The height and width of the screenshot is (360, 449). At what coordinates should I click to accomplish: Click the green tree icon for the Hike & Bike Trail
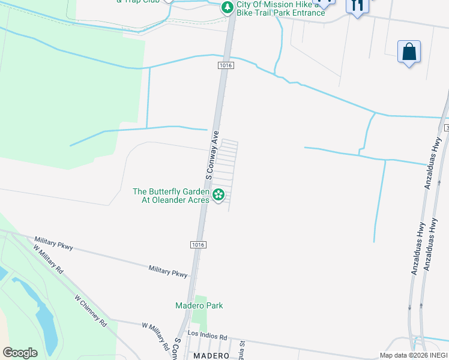pyautogui.click(x=227, y=8)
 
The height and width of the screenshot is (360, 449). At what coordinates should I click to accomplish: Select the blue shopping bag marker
pyautogui.click(x=409, y=52)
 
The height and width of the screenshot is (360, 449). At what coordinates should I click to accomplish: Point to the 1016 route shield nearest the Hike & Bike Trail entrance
pyautogui.click(x=225, y=64)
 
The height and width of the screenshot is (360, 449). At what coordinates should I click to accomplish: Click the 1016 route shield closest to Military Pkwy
pyautogui.click(x=198, y=244)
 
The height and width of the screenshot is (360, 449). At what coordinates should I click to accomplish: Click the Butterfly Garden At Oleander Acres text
pyautogui.click(x=171, y=196)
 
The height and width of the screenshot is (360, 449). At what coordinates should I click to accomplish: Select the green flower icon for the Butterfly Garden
pyautogui.click(x=219, y=194)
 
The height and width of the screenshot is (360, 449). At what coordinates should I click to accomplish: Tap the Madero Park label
pyautogui.click(x=199, y=305)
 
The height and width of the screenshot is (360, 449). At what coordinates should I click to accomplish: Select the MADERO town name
pyautogui.click(x=211, y=356)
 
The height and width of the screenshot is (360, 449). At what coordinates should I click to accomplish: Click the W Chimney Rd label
pyautogui.click(x=91, y=310)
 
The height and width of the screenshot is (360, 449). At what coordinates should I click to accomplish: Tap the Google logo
pyautogui.click(x=20, y=353)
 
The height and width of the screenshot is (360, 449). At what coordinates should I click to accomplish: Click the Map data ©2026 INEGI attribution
pyautogui.click(x=413, y=355)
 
